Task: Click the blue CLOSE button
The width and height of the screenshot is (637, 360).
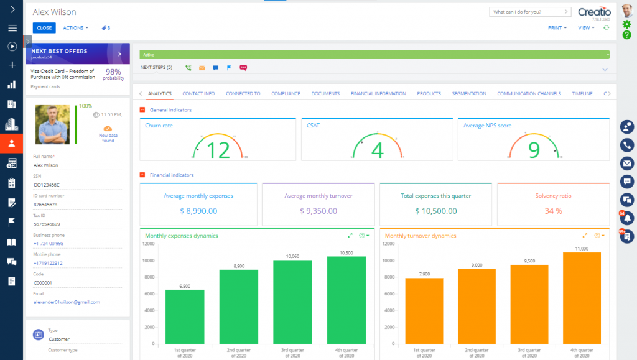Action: click(44, 28)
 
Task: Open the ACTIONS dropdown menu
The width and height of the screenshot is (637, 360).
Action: click(75, 28)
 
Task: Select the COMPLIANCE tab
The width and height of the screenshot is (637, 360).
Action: click(286, 93)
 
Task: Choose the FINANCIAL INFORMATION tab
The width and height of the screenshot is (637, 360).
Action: click(378, 93)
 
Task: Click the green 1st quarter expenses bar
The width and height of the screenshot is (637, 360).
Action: click(185, 324)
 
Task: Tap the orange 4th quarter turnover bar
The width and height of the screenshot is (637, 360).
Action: click(582, 305)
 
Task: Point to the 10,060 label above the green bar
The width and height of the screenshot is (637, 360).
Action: click(292, 256)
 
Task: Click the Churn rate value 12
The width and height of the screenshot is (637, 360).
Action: click(218, 150)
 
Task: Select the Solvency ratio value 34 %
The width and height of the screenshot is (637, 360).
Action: click(553, 211)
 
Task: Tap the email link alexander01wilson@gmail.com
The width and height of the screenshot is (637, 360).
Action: click(67, 302)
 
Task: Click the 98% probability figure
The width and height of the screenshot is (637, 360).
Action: click(113, 72)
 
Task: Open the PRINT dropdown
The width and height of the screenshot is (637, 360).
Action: click(557, 28)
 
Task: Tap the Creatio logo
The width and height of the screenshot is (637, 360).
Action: click(594, 12)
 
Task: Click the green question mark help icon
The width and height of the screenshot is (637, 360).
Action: click(626, 35)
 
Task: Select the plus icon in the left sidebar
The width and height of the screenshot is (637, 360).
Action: click(11, 65)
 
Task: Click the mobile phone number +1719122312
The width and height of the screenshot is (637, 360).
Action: click(48, 263)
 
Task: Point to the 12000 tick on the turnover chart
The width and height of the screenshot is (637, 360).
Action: click(389, 244)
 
